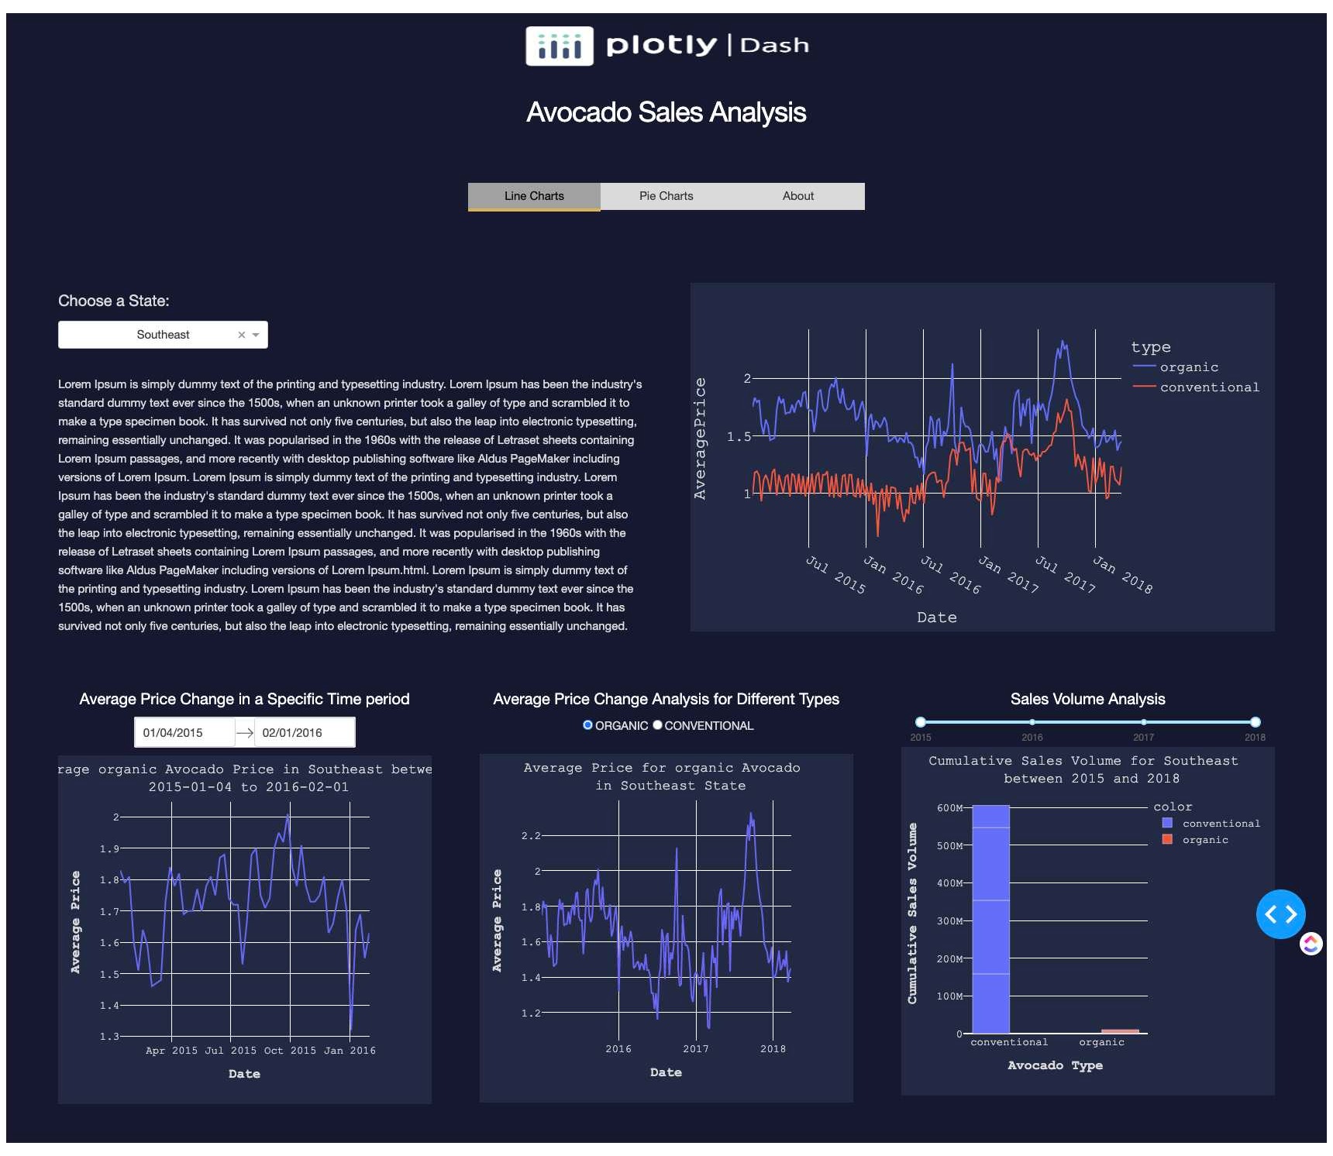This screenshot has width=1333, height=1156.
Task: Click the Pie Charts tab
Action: point(666,196)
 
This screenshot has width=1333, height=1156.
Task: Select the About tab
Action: point(797,196)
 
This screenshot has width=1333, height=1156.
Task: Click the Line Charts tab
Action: point(534,196)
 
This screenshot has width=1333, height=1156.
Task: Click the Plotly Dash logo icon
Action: point(560,46)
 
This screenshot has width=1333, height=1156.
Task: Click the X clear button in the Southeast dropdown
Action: point(242,335)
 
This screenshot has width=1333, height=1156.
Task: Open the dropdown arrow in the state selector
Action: point(256,335)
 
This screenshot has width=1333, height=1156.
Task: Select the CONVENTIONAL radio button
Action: point(657,725)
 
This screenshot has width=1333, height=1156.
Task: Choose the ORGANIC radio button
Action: point(587,725)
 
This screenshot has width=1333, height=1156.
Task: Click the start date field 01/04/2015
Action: point(184,732)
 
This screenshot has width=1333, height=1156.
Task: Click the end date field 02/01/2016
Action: point(304,732)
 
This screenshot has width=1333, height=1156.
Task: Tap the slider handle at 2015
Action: point(920,722)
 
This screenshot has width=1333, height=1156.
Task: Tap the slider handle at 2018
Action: point(1255,722)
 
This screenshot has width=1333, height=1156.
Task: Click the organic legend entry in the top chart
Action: point(1188,367)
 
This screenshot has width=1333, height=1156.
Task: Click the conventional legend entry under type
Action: point(1208,387)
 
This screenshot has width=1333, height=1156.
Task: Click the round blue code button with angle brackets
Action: point(1280,914)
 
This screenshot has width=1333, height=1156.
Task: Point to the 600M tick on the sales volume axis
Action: point(949,808)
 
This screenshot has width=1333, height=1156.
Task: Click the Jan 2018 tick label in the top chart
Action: point(1122,575)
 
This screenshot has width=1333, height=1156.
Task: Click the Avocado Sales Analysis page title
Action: point(666,112)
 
